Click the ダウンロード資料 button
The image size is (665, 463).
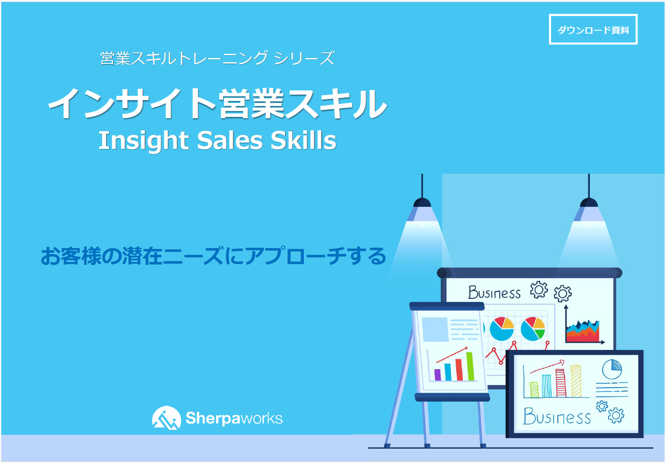[593, 29]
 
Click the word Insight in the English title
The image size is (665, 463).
[144, 141]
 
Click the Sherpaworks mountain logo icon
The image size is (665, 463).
[166, 418]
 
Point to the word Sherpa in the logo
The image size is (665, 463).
[213, 418]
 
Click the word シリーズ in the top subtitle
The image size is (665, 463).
[304, 58]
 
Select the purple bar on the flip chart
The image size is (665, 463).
[438, 375]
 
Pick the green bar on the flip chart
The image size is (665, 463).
[470, 366]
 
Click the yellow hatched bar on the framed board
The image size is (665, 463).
[576, 381]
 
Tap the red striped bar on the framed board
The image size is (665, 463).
[561, 383]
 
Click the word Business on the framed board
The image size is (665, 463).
[557, 416]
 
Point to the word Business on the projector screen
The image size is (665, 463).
[494, 292]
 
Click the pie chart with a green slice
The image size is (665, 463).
[533, 329]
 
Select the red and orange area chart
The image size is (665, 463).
[583, 331]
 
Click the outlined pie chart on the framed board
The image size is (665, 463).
[612, 369]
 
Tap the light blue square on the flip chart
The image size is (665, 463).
[435, 329]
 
